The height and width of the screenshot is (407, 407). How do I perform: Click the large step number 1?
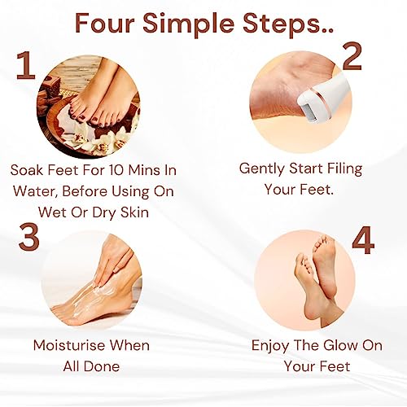click(x=26, y=66)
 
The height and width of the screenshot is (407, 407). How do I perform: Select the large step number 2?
click(x=352, y=56)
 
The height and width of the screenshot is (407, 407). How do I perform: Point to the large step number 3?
click(x=29, y=236)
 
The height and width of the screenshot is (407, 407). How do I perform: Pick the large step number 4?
click(x=363, y=240)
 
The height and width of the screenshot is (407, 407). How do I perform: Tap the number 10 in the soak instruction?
click(x=116, y=170)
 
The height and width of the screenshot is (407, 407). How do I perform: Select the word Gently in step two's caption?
click(x=262, y=169)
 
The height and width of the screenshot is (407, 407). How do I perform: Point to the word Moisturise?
click(x=68, y=345)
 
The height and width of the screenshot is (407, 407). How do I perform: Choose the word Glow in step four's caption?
click(x=340, y=345)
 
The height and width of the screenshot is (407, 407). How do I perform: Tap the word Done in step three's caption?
click(x=102, y=366)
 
